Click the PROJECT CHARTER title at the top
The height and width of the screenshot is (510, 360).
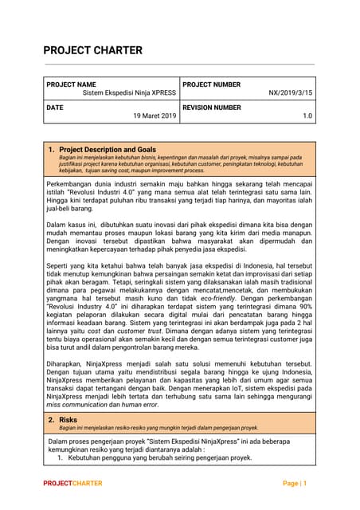pos(92,50)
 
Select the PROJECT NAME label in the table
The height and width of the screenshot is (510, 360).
pos(71,84)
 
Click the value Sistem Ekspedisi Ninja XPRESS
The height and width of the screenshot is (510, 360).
pos(129,93)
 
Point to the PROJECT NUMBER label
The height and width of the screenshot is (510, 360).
pos(211,84)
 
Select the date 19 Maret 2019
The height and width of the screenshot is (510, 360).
pos(154,116)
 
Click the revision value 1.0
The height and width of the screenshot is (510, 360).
pos(307,116)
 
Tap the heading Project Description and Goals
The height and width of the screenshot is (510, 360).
pos(108,149)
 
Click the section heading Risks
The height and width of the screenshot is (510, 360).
pos(68,419)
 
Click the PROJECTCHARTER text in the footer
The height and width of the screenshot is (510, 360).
pos(72,484)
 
